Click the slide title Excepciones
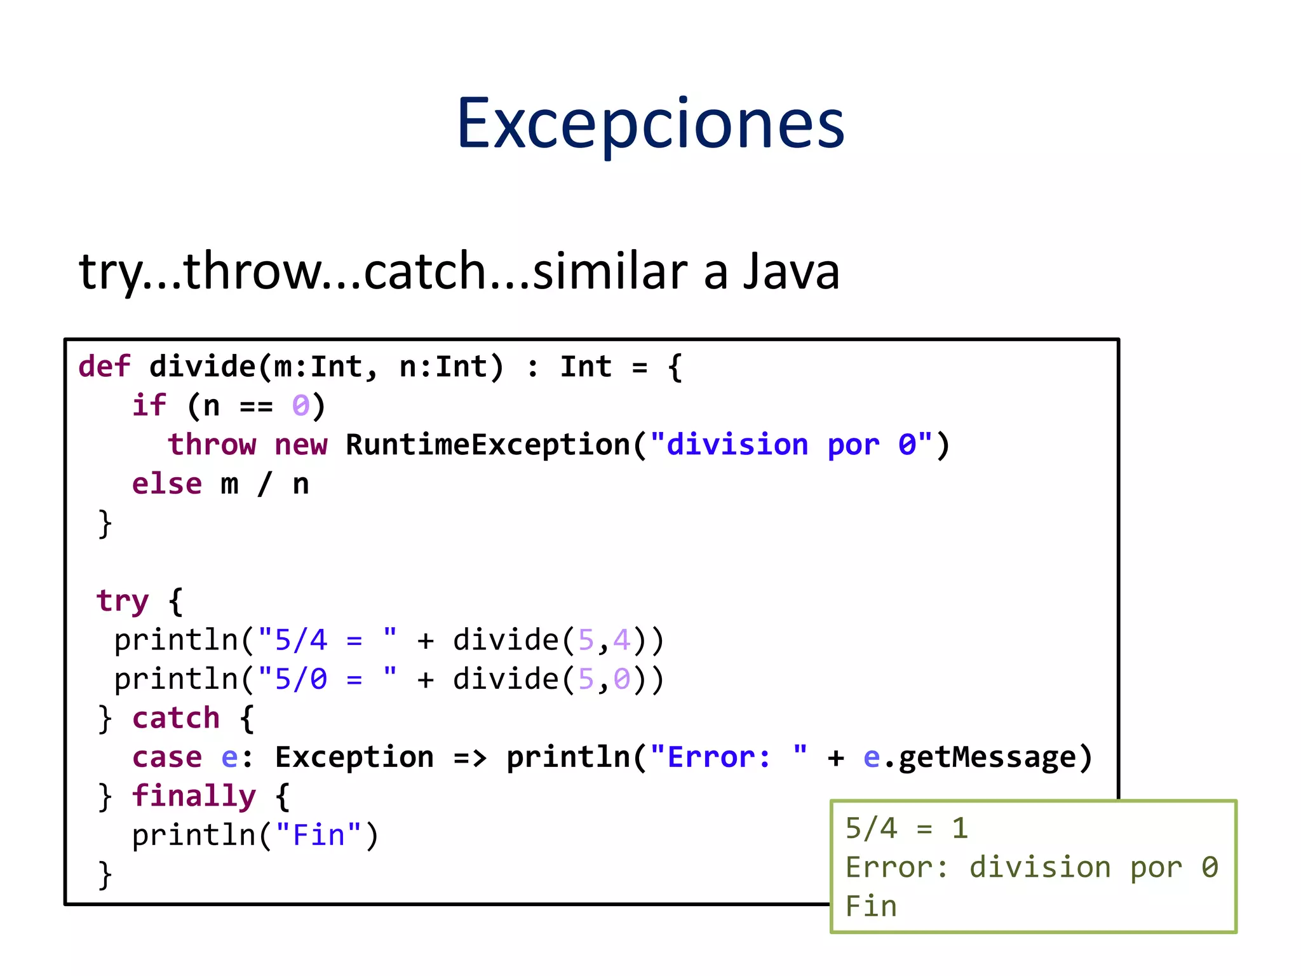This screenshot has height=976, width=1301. (650, 124)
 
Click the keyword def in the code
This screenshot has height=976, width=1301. (104, 367)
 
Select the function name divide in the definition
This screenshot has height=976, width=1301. (202, 367)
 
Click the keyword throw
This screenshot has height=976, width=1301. (212, 444)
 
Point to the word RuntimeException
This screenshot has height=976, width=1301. (488, 444)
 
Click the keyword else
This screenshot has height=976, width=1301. (166, 484)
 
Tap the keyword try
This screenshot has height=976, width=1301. (122, 601)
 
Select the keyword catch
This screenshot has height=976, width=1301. (176, 718)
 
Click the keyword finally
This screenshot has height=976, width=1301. (194, 796)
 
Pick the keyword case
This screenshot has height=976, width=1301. (166, 757)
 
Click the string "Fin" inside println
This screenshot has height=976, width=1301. (318, 835)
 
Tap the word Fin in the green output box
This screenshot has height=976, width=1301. (871, 905)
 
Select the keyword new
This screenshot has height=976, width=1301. (301, 444)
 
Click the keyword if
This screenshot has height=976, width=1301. (149, 405)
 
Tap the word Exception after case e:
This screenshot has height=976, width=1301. (354, 757)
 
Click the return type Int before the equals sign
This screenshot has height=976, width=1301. (586, 367)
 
